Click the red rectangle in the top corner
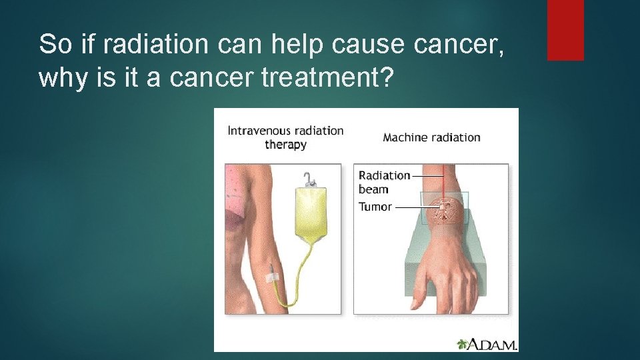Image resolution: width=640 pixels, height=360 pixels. (x=565, y=30)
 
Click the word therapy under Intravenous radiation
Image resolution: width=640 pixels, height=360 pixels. (x=285, y=145)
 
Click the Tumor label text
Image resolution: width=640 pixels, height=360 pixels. (x=375, y=207)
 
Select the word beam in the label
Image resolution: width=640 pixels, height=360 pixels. (x=373, y=189)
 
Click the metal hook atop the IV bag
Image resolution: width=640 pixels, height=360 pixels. (x=309, y=179)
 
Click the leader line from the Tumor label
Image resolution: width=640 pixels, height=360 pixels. (x=413, y=207)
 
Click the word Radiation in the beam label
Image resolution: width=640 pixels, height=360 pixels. (x=384, y=175)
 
